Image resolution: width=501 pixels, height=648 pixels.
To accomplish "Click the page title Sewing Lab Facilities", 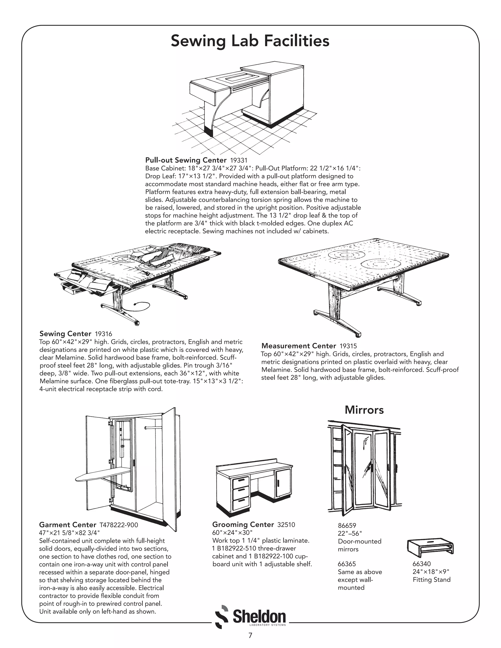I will pyautogui.click(x=250, y=41).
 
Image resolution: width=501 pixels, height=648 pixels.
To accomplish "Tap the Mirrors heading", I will pyautogui.click(x=364, y=410).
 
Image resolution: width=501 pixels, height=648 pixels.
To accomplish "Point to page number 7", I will pyautogui.click(x=250, y=636).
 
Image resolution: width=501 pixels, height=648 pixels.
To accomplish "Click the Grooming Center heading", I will pyautogui.click(x=243, y=525).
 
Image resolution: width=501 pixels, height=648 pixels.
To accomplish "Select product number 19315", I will pyautogui.click(x=348, y=346).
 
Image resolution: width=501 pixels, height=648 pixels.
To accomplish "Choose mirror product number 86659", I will pyautogui.click(x=347, y=526).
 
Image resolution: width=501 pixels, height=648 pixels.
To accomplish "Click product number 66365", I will pyautogui.click(x=347, y=564).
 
